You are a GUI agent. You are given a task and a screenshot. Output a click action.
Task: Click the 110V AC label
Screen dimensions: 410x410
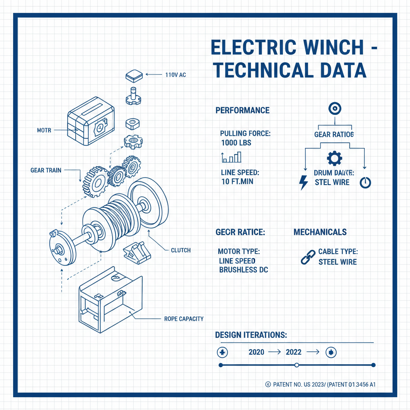(176, 74)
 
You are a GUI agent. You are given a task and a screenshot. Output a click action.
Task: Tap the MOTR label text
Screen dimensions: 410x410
(44, 131)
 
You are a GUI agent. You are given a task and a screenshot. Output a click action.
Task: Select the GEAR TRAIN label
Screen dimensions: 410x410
(46, 170)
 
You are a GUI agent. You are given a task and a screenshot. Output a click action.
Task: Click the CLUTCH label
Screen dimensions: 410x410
(181, 250)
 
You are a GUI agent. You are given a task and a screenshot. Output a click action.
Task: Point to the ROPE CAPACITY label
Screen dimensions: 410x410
(184, 319)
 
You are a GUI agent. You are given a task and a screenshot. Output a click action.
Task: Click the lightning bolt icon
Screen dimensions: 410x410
(304, 182)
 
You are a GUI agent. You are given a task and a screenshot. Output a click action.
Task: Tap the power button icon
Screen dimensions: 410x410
(365, 183)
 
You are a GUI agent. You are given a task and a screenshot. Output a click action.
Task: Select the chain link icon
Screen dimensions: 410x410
(308, 257)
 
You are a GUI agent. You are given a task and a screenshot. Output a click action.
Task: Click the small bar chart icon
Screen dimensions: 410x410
(231, 157)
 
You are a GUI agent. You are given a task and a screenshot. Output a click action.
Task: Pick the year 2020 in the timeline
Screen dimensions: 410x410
(256, 352)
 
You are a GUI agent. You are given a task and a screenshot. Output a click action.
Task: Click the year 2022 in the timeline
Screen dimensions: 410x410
(293, 352)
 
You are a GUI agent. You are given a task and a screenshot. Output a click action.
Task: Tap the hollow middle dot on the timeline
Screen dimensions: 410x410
(297, 365)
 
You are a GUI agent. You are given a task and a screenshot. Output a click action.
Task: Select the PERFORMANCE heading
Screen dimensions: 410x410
(242, 111)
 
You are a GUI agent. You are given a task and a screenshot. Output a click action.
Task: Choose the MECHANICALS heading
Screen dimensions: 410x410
(320, 232)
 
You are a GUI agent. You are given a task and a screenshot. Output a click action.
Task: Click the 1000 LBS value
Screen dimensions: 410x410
(236, 143)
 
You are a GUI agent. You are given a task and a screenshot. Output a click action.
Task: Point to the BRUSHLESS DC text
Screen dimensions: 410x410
(243, 270)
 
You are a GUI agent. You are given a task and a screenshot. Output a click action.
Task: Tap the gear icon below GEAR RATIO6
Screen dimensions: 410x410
(334, 159)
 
